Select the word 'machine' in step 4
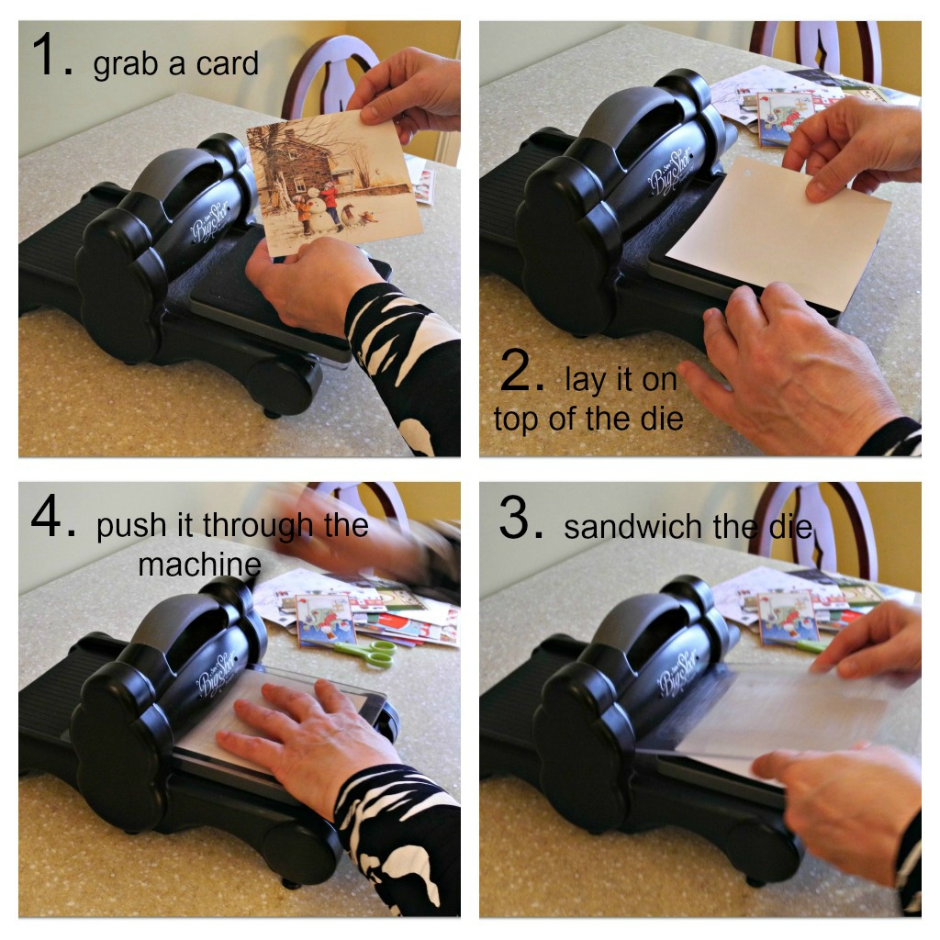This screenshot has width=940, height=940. (x=199, y=565)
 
